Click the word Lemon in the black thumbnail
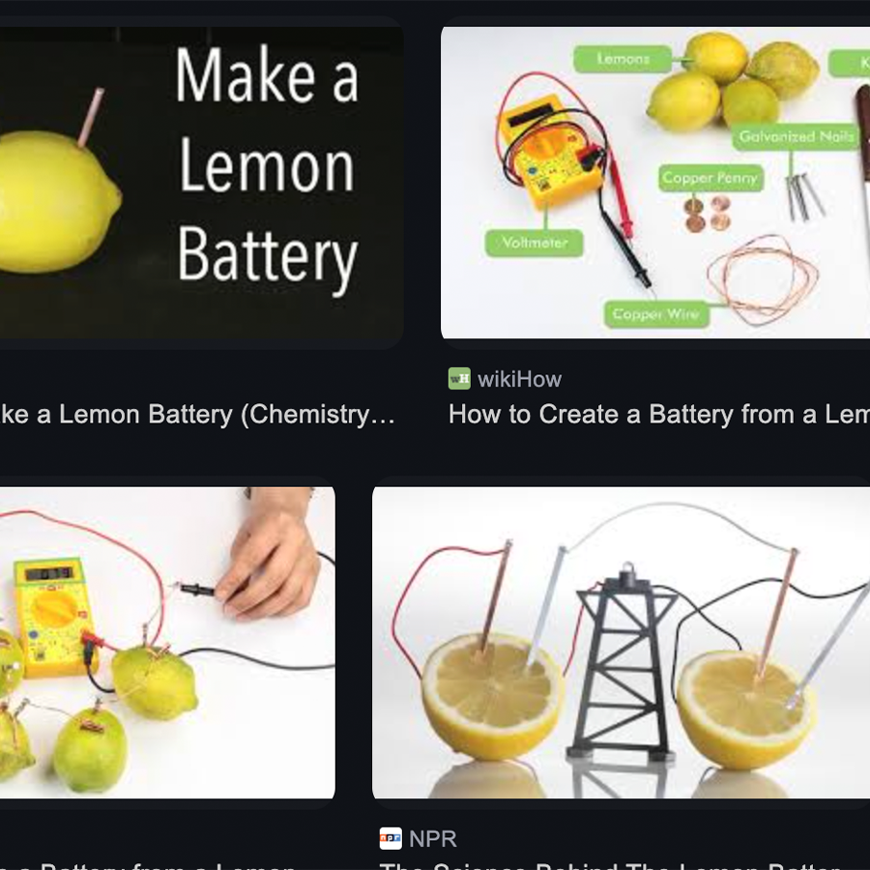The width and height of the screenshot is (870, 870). point(267,167)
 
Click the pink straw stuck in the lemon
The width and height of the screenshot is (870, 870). point(92,116)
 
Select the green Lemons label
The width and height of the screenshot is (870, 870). point(623,59)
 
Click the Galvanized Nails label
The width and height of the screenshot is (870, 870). point(796,137)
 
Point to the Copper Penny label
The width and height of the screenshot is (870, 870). point(710,178)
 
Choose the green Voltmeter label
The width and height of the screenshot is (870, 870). point(535,244)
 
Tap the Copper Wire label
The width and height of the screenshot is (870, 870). point(654,314)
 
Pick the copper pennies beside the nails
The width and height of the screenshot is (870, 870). point(706,213)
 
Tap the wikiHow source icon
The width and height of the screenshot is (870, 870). point(459,378)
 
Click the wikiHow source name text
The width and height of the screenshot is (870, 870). point(519,379)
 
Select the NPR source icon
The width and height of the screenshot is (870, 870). point(391,838)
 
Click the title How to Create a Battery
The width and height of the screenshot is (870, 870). point(657,415)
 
